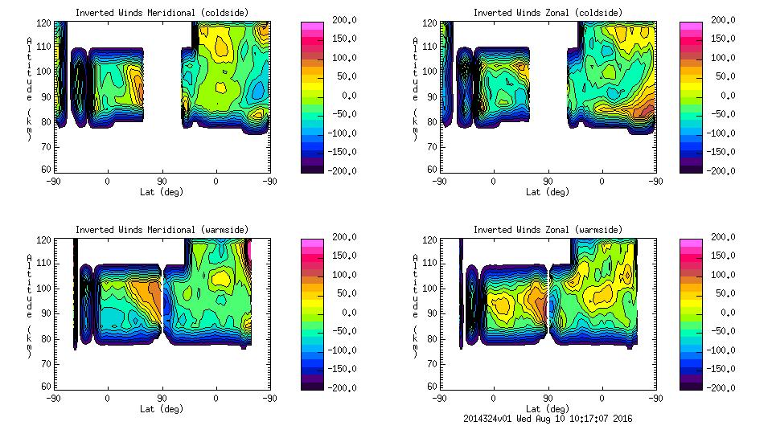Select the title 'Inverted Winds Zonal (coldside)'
(x=548, y=13)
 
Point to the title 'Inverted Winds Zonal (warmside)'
(x=548, y=230)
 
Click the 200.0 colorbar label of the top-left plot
(x=343, y=20)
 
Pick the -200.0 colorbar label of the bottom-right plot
(x=721, y=388)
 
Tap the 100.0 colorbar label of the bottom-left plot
(x=343, y=275)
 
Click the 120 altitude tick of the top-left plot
(x=47, y=24)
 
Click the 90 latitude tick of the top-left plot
(x=162, y=182)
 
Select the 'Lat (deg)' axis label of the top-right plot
(x=548, y=192)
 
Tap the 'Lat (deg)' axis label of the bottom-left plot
(x=162, y=408)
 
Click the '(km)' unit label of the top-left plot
(x=29, y=125)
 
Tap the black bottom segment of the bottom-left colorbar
(x=311, y=383)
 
